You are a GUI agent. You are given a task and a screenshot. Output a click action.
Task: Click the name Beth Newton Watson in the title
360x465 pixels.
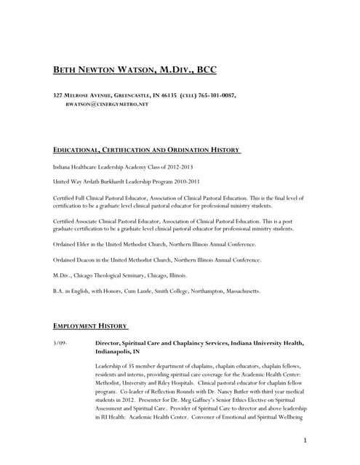click(111, 70)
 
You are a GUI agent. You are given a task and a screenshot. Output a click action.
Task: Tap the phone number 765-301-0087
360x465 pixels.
click(215, 95)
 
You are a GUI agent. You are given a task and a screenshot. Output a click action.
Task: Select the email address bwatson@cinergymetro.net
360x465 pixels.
click(107, 105)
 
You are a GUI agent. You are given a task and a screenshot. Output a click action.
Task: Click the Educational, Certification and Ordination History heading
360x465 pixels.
click(147, 150)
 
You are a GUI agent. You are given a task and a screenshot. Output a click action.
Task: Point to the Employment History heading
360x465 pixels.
click(91, 325)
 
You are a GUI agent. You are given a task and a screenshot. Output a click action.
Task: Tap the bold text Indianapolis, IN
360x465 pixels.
click(118, 351)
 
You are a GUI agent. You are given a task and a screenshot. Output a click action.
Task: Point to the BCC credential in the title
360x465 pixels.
click(204, 70)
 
